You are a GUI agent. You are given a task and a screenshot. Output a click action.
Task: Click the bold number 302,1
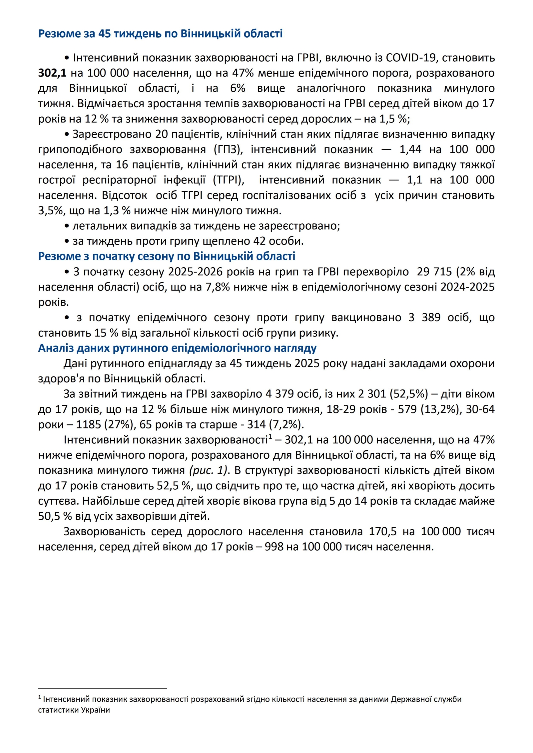coord(52,73)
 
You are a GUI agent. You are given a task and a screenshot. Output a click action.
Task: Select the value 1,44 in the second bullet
coord(410,149)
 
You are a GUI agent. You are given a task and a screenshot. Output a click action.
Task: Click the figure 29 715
coord(434,272)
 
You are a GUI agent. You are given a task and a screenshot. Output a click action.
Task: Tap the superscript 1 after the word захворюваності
coord(270,437)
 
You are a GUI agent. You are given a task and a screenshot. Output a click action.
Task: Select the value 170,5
coord(382,531)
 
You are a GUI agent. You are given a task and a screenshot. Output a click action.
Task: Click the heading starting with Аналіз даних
coord(177,348)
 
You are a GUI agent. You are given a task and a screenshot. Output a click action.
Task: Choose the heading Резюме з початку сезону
coord(167,256)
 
